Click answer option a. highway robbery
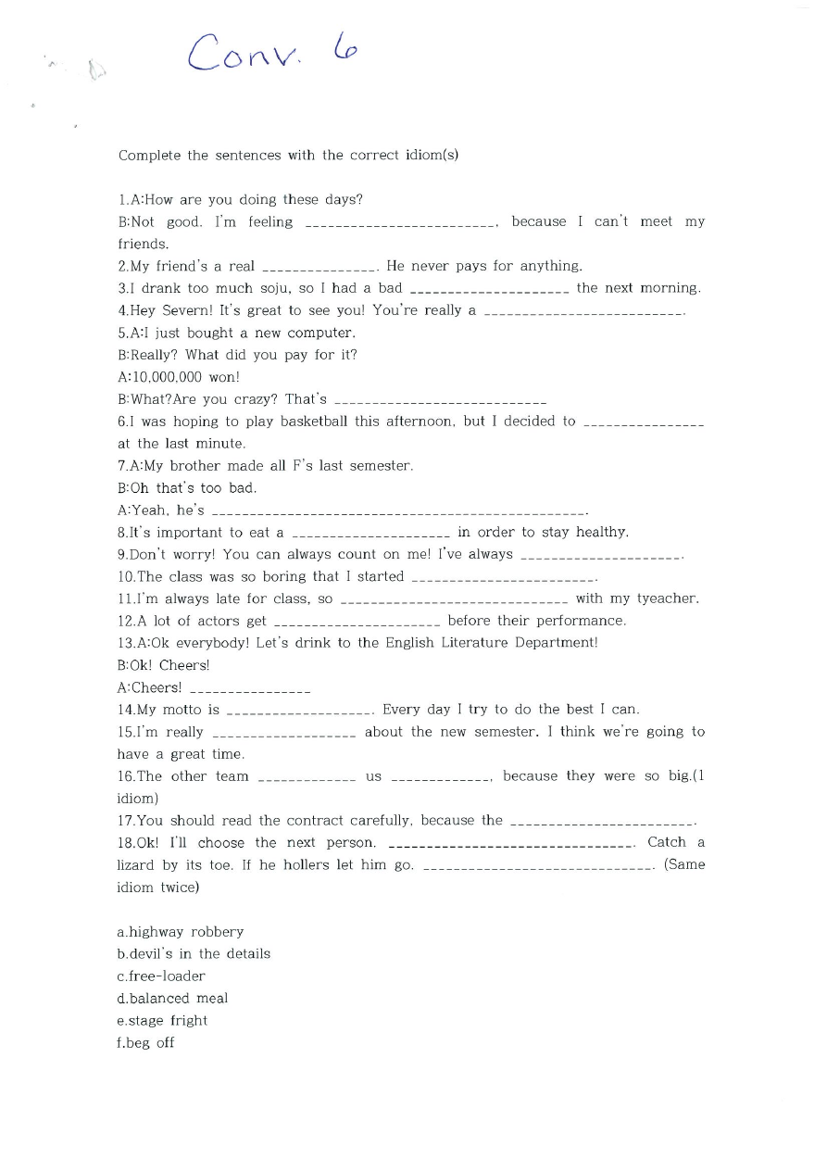click(x=181, y=932)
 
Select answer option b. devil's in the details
click(x=194, y=954)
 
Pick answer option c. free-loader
click(x=161, y=976)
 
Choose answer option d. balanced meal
click(x=172, y=999)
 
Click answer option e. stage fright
click(x=162, y=1021)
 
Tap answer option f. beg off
click(x=146, y=1043)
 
